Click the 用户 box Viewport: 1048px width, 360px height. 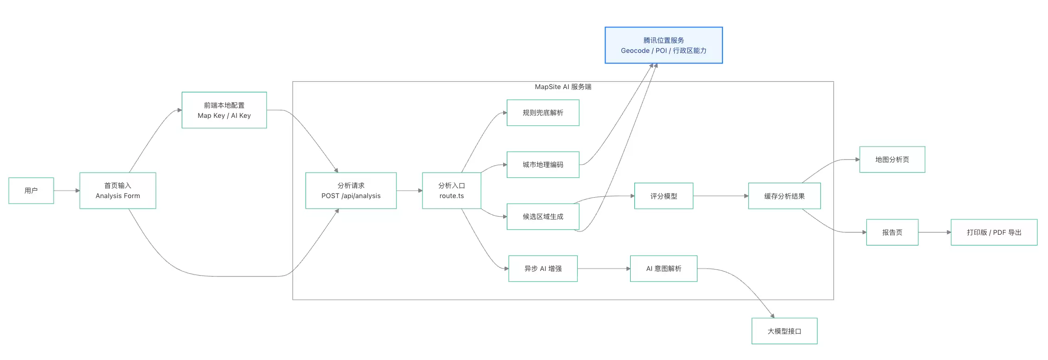coord(31,191)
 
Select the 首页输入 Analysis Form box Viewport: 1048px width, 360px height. coord(118,191)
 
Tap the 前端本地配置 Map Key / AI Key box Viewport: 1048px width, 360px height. coord(224,110)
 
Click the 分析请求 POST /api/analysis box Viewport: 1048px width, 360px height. coord(351,191)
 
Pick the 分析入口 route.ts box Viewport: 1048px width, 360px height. coord(452,191)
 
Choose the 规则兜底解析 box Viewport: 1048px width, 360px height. coord(543,113)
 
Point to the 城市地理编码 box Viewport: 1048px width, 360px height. coord(543,165)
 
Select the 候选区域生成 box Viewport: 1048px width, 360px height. coord(543,217)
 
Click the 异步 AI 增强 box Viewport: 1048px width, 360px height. coord(543,269)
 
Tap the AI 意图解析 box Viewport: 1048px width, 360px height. coord(664,269)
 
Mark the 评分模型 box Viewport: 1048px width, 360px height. coord(664,196)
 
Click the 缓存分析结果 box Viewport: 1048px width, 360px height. coord(785,196)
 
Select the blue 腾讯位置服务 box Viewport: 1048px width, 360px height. coord(664,45)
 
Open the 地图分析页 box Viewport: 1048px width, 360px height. coord(892,160)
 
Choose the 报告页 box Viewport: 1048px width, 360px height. coord(892,232)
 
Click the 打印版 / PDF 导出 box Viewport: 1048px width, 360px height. coord(994,232)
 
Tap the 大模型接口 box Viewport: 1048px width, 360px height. coord(785,331)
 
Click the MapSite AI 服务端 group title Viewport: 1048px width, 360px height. coord(563,87)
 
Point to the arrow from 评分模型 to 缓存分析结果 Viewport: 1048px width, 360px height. coord(721,196)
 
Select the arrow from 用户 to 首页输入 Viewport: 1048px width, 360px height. coord(67,191)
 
